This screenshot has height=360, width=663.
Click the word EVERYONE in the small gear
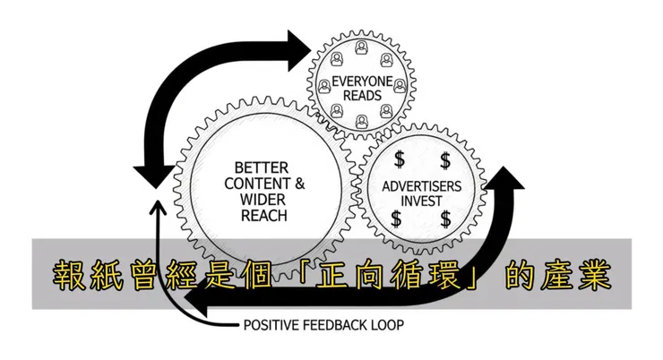[x=357, y=81]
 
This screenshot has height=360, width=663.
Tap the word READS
[x=357, y=95]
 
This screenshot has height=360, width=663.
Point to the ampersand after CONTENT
[x=300, y=183]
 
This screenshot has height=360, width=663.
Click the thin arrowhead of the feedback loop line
[x=158, y=208]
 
